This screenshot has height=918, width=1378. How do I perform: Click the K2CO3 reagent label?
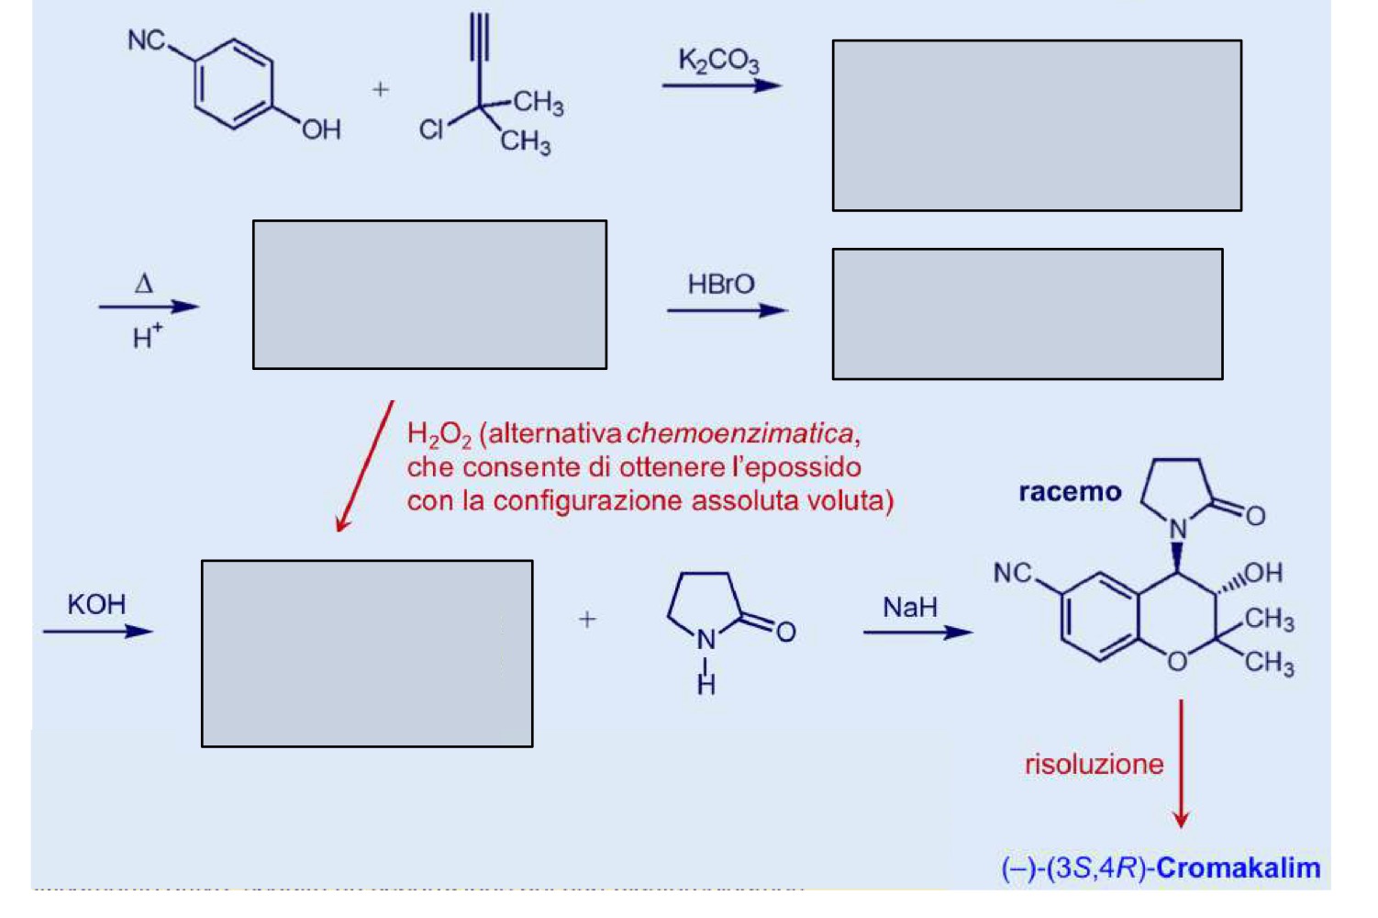[718, 61]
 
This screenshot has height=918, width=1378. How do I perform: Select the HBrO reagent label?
[721, 285]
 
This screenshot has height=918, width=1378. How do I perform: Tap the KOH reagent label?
[96, 605]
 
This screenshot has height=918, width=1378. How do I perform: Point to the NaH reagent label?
[910, 608]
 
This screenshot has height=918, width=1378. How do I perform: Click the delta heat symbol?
[144, 284]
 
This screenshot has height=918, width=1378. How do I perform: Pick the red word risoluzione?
[1095, 765]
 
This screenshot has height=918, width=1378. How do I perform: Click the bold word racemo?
[1070, 492]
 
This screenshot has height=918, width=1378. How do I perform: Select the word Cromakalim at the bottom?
[1239, 868]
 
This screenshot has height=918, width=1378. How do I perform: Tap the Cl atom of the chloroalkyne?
[430, 130]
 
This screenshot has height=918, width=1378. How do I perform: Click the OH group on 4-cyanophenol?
[321, 130]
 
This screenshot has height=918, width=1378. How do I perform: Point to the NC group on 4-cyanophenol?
[147, 40]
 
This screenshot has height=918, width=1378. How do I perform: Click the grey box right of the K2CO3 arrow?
[1038, 126]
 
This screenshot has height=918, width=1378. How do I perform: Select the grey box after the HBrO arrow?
[1028, 314]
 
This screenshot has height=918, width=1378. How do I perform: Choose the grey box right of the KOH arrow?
[367, 654]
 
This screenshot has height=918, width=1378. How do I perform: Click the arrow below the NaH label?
[917, 633]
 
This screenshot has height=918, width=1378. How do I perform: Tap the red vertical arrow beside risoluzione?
[1181, 764]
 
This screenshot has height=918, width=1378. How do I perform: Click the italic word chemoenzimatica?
[739, 434]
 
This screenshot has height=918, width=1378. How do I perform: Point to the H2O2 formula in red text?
[439, 435]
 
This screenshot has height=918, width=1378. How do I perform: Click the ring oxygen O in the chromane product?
[1177, 661]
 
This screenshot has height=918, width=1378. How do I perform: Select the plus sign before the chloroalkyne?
[381, 90]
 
